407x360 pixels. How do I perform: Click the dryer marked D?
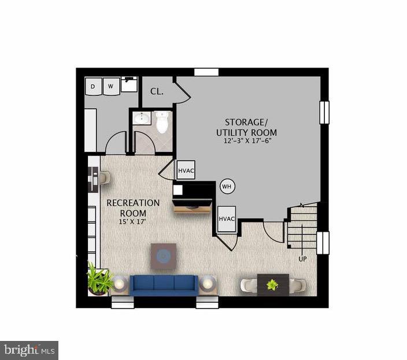(x=93, y=87)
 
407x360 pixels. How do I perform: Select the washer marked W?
(x=111, y=87)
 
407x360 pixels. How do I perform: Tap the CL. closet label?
(x=157, y=91)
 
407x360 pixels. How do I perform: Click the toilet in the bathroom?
(x=162, y=121)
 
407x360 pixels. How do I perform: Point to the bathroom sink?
(x=142, y=119)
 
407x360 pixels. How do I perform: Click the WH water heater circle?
(x=226, y=186)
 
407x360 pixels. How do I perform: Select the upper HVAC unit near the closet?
(x=186, y=170)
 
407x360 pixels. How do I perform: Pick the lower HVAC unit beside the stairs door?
(x=227, y=218)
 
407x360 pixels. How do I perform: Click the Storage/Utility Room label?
(x=247, y=127)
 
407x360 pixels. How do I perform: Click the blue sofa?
(x=164, y=284)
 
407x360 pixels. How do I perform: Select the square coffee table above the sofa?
(x=164, y=255)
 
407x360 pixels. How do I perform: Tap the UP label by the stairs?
(x=302, y=259)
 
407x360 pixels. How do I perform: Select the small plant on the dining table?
(x=272, y=284)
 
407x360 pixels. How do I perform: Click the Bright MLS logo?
(x=29, y=350)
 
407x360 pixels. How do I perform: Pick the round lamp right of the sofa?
(x=208, y=284)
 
